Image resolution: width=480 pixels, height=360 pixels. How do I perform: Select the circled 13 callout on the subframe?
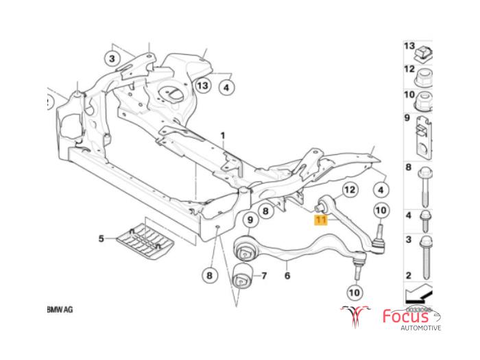pos(202,86)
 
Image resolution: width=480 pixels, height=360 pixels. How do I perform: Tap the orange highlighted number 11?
pos(320,220)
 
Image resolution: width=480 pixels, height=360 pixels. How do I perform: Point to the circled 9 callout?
pos(250,219)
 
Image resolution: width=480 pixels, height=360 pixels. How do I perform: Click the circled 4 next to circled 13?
pos(227,87)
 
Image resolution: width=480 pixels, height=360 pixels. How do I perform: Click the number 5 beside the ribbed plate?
pos(101,239)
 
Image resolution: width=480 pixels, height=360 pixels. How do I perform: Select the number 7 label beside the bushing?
pos(263,277)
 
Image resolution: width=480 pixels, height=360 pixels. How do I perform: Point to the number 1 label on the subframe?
pos(222,136)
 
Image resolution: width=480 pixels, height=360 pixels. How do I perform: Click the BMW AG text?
pos(60,310)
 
